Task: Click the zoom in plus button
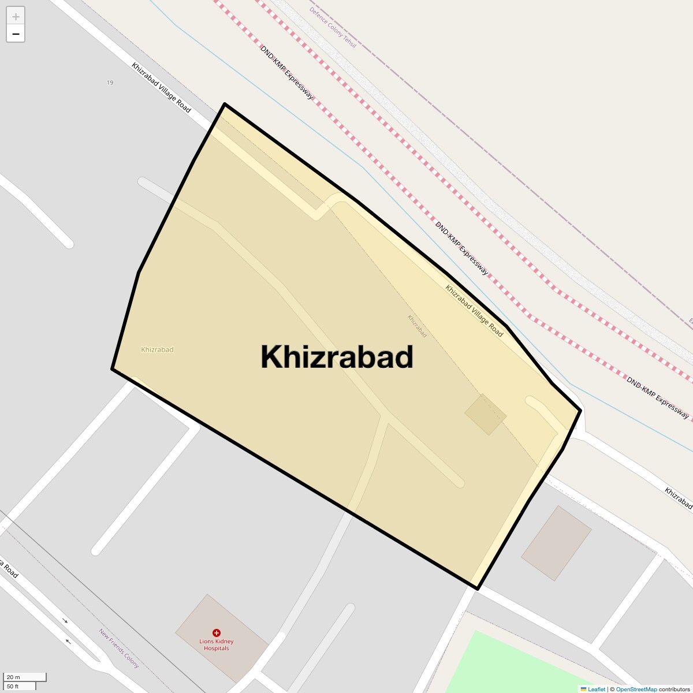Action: (16, 17)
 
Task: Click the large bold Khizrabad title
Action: (337, 357)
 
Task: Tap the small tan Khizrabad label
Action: (157, 350)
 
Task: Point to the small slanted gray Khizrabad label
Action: (417, 326)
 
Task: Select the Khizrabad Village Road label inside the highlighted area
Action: (474, 311)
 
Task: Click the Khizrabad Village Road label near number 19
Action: (161, 88)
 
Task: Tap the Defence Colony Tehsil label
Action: (333, 27)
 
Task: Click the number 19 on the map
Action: (110, 83)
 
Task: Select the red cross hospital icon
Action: (217, 633)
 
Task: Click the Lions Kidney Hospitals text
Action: (217, 645)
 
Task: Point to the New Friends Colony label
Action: (119, 649)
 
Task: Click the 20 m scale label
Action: (13, 677)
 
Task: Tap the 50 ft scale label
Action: (13, 686)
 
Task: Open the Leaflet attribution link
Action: (597, 689)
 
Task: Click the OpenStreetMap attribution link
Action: (636, 689)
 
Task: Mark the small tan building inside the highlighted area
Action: (486, 415)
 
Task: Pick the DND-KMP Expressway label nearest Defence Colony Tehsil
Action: (286, 73)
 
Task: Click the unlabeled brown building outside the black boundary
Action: (556, 543)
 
